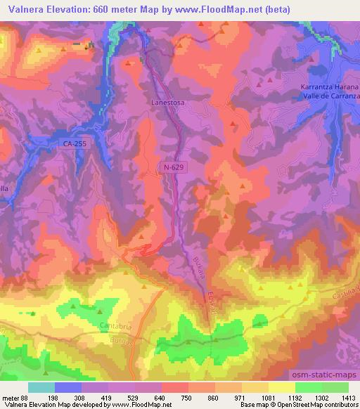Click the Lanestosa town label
pyautogui.click(x=167, y=101)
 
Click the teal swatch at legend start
pyautogui.click(x=41, y=387)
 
